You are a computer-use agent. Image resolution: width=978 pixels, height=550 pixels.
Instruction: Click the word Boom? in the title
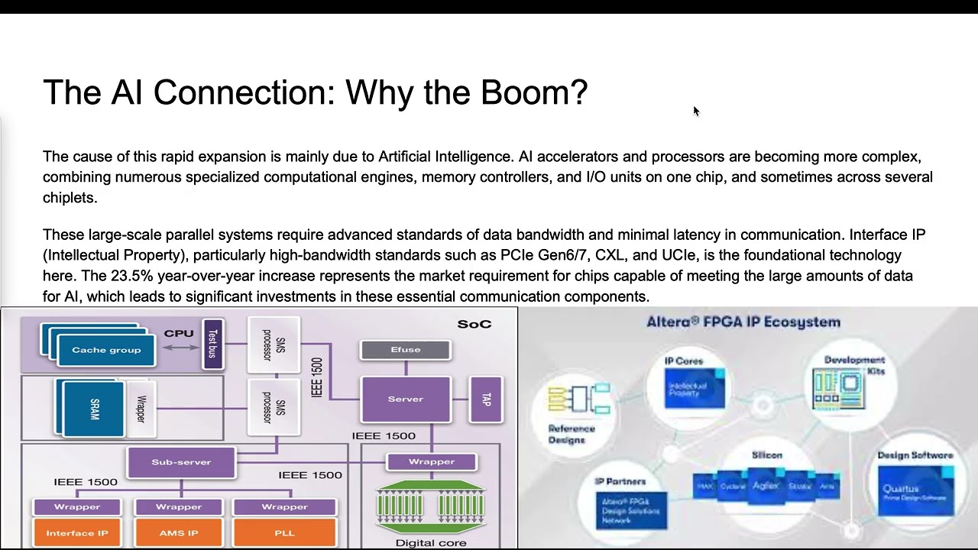click(534, 92)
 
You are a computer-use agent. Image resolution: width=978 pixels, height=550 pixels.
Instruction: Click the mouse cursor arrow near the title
click(696, 112)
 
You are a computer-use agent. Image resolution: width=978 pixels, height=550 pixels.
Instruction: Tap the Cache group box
click(106, 350)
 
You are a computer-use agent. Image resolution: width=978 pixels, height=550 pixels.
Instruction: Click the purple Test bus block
click(213, 344)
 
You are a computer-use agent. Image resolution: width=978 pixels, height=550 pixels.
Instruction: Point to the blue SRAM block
click(94, 409)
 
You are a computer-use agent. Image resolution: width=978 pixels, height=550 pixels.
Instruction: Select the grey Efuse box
click(405, 350)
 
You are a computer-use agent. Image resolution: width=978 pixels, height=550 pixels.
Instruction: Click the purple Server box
click(405, 399)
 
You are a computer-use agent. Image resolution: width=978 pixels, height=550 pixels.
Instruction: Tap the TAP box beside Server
click(486, 399)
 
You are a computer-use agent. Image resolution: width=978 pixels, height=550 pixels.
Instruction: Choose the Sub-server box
click(181, 462)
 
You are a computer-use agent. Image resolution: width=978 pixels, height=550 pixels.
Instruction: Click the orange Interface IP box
click(77, 532)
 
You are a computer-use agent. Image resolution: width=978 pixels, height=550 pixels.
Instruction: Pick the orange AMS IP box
click(179, 532)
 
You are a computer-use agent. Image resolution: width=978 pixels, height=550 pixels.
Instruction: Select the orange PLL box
click(284, 532)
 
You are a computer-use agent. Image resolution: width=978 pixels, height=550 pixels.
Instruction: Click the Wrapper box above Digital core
click(432, 462)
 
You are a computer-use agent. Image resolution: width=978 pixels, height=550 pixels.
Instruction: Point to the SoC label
click(474, 324)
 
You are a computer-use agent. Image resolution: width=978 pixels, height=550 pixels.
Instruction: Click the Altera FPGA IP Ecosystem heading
click(743, 322)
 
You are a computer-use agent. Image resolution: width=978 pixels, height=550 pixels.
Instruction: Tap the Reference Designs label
click(571, 434)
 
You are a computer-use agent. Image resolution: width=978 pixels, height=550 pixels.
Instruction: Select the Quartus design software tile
click(915, 490)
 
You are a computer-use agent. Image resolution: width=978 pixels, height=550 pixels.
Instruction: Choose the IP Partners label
click(620, 482)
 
